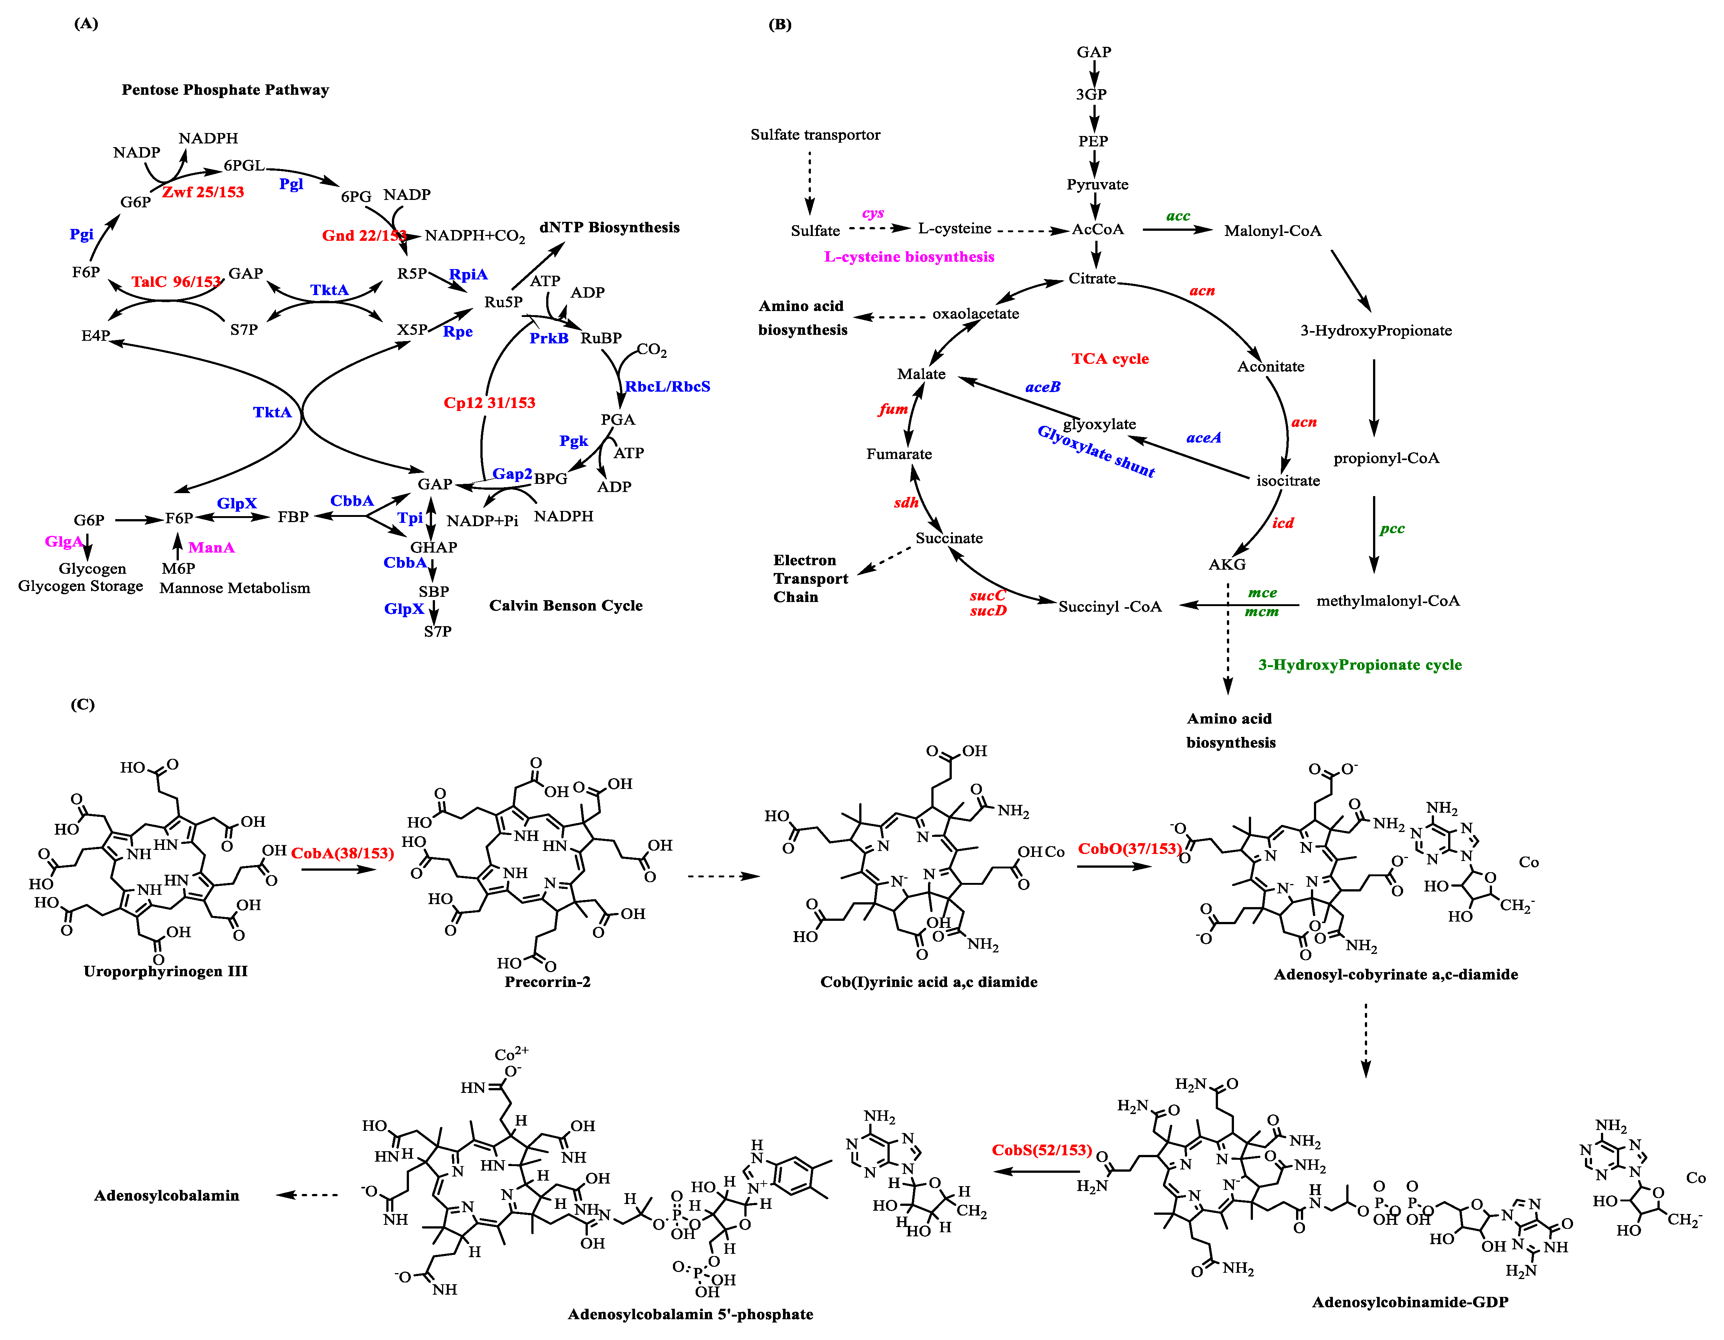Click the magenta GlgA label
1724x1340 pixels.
[x=63, y=541]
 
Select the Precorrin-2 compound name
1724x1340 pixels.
[x=547, y=982]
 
